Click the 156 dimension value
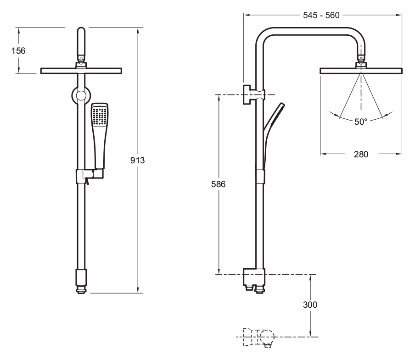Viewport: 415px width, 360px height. pyautogui.click(x=18, y=50)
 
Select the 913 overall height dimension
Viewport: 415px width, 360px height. pyautogui.click(x=138, y=160)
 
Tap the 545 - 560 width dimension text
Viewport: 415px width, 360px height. pyautogui.click(x=321, y=15)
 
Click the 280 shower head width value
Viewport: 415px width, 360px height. pyautogui.click(x=361, y=154)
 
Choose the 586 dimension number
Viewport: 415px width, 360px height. pyautogui.click(x=219, y=183)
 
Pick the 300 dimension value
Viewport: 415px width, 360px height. pyautogui.click(x=311, y=304)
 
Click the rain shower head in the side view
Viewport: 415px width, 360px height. pyautogui.click(x=361, y=71)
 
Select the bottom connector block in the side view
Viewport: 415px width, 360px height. pyautogui.click(x=254, y=277)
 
